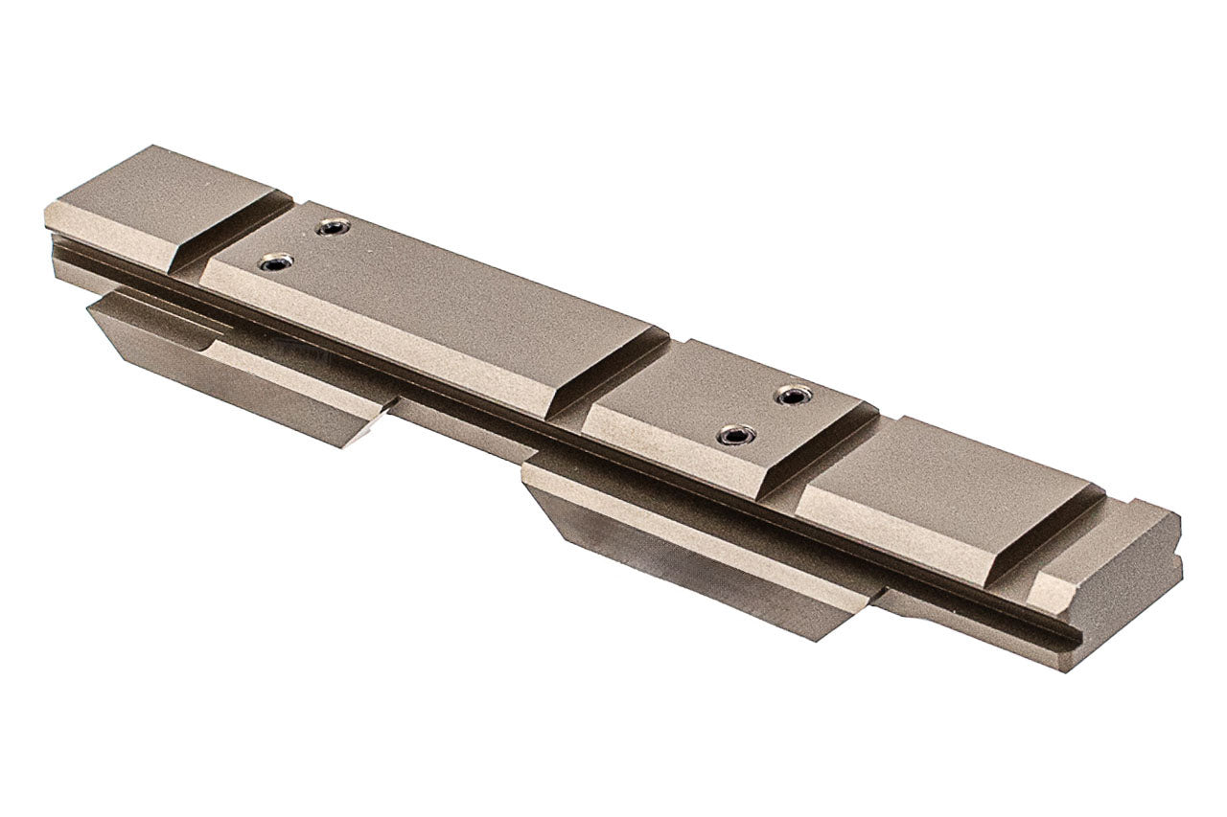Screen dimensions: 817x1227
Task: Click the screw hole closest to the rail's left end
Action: point(276,261)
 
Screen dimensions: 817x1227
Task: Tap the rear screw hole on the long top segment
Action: point(333,228)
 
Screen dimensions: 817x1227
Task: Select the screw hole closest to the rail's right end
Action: point(794,395)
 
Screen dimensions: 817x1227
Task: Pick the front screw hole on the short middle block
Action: point(735,436)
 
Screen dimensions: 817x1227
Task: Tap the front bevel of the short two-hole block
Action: point(671,450)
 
